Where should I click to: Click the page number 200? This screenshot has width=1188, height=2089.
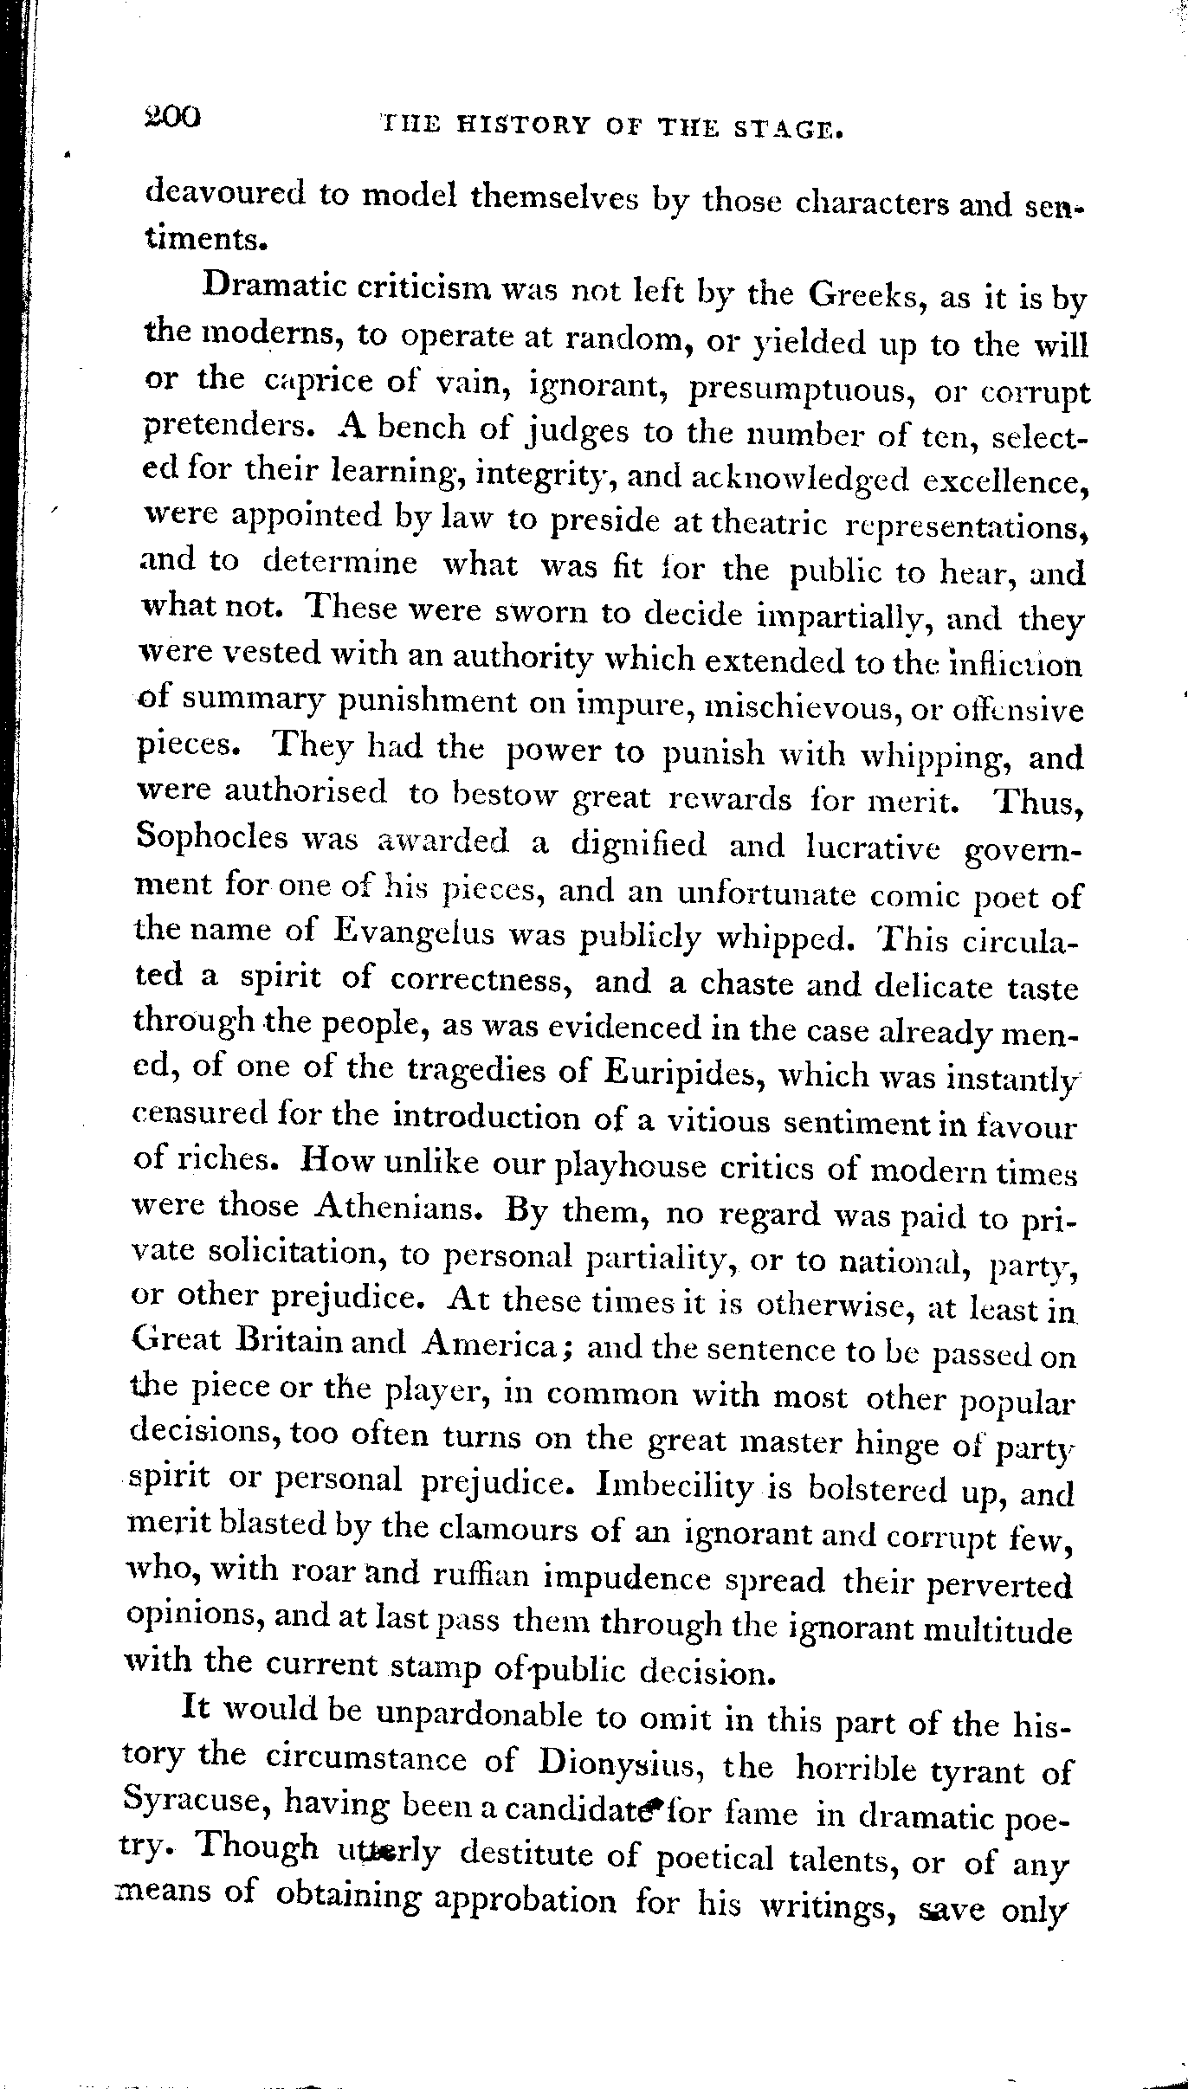(x=172, y=116)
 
